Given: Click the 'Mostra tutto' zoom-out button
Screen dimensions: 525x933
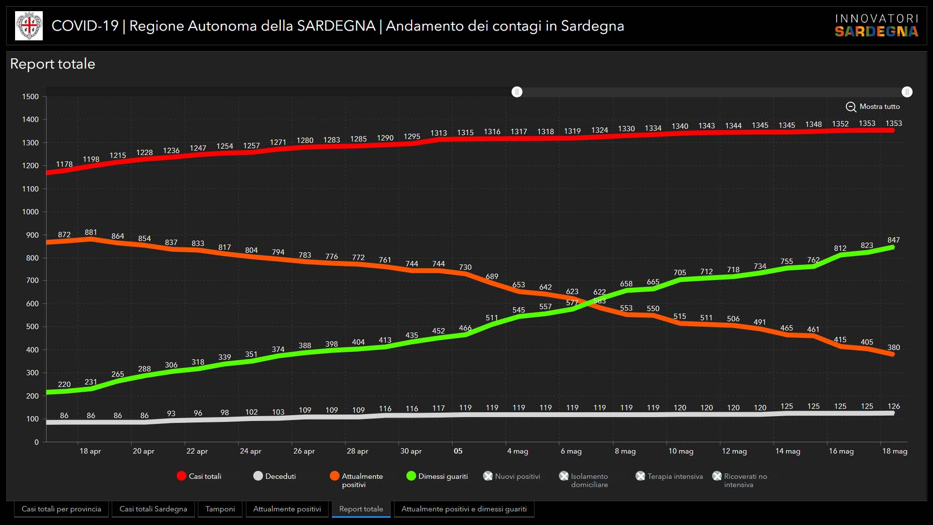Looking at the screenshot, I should click(873, 106).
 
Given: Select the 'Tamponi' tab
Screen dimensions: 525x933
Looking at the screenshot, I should click(220, 509).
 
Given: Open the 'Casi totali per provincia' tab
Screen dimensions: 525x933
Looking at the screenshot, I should click(61, 509).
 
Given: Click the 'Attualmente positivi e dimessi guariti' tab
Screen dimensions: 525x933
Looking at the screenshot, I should click(464, 509).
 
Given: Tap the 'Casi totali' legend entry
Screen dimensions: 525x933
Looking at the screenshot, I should click(199, 476).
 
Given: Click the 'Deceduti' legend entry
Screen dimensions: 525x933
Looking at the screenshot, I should click(275, 476).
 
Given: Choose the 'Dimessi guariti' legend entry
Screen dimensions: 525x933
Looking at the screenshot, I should click(437, 476).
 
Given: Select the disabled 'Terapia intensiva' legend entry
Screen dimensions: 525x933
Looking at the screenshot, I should click(669, 476).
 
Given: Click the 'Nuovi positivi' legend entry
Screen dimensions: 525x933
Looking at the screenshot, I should click(512, 476).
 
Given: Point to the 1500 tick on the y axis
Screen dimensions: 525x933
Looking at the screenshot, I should click(30, 97).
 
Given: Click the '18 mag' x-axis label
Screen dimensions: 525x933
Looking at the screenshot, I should click(895, 451).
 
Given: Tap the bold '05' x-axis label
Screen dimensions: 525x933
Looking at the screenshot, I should click(458, 451).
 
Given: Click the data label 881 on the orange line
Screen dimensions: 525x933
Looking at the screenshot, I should click(91, 232).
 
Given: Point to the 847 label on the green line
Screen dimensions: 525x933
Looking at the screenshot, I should click(893, 240).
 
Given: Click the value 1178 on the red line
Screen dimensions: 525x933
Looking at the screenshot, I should click(64, 164).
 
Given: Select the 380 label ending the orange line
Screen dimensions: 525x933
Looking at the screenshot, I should click(893, 348).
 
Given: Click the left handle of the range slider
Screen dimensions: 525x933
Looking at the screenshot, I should click(517, 92).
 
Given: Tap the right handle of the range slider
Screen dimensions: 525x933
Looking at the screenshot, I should click(907, 92).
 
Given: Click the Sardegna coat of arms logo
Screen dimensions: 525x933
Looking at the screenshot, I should click(29, 26).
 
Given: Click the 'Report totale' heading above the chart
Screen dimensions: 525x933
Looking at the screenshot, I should click(52, 64).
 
